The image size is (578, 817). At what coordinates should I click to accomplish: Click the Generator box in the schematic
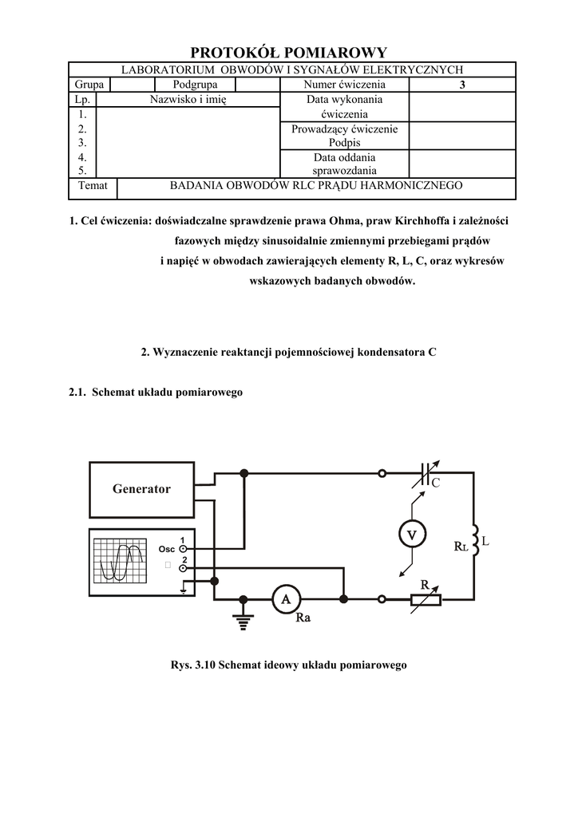[141, 489]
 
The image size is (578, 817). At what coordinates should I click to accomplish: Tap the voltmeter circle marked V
[412, 535]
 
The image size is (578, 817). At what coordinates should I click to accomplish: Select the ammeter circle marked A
[286, 599]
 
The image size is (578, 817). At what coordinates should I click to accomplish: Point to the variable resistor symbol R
[425, 599]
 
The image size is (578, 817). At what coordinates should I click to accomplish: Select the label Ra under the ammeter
[303, 618]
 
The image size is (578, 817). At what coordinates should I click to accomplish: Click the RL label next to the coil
[460, 547]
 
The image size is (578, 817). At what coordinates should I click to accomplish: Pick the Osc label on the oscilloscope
[166, 549]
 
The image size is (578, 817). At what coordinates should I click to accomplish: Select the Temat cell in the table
[93, 186]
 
